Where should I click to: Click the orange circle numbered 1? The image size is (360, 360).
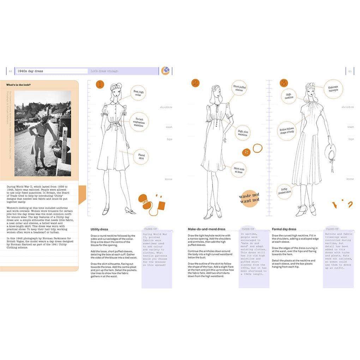coord(100,84)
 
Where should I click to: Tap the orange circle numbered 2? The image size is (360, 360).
coord(195,83)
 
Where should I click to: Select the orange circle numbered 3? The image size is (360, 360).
coord(284,83)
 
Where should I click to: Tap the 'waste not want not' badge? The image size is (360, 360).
coord(250,198)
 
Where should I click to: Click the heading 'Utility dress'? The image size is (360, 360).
coord(99,229)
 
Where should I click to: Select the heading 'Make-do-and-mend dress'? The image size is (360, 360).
coord(206,229)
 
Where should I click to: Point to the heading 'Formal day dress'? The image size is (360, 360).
coord(284,229)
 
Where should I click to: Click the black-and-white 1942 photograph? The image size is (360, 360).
coord(42,133)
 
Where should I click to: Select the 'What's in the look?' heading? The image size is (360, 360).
coord(20,85)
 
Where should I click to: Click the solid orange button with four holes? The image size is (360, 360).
coord(246,152)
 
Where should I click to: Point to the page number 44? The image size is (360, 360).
coord(11,71)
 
